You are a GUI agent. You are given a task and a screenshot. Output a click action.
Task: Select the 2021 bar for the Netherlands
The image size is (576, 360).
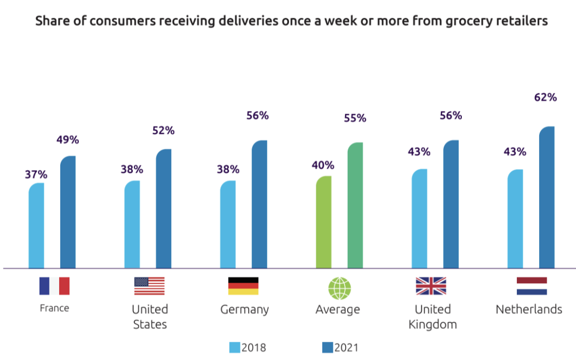point(547,197)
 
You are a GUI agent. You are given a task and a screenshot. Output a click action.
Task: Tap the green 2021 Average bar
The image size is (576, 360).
point(355,205)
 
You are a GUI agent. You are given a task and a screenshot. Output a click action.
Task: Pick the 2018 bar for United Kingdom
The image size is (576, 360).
point(419,219)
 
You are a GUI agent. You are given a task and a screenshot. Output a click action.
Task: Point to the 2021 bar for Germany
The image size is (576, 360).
point(259,204)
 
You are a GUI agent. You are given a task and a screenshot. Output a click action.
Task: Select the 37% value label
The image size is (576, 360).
point(36,174)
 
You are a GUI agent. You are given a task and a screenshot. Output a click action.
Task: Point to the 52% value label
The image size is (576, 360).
point(164,131)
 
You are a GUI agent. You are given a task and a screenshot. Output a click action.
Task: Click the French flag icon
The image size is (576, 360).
point(54,286)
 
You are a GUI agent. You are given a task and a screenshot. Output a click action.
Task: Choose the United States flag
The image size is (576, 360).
point(150,286)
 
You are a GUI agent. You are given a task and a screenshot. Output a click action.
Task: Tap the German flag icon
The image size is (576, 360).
point(243,286)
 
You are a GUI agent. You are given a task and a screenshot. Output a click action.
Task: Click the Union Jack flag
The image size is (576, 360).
point(431,286)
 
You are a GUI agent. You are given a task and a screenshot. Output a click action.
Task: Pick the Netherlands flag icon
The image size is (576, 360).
point(532,286)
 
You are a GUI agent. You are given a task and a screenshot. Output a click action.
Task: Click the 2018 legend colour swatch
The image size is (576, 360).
point(235,348)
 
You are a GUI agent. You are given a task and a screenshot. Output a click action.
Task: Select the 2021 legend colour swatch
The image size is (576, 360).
point(327,348)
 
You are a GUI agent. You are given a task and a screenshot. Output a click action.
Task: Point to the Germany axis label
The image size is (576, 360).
point(244,309)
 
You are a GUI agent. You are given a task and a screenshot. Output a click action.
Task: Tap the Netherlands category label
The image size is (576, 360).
point(529,309)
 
